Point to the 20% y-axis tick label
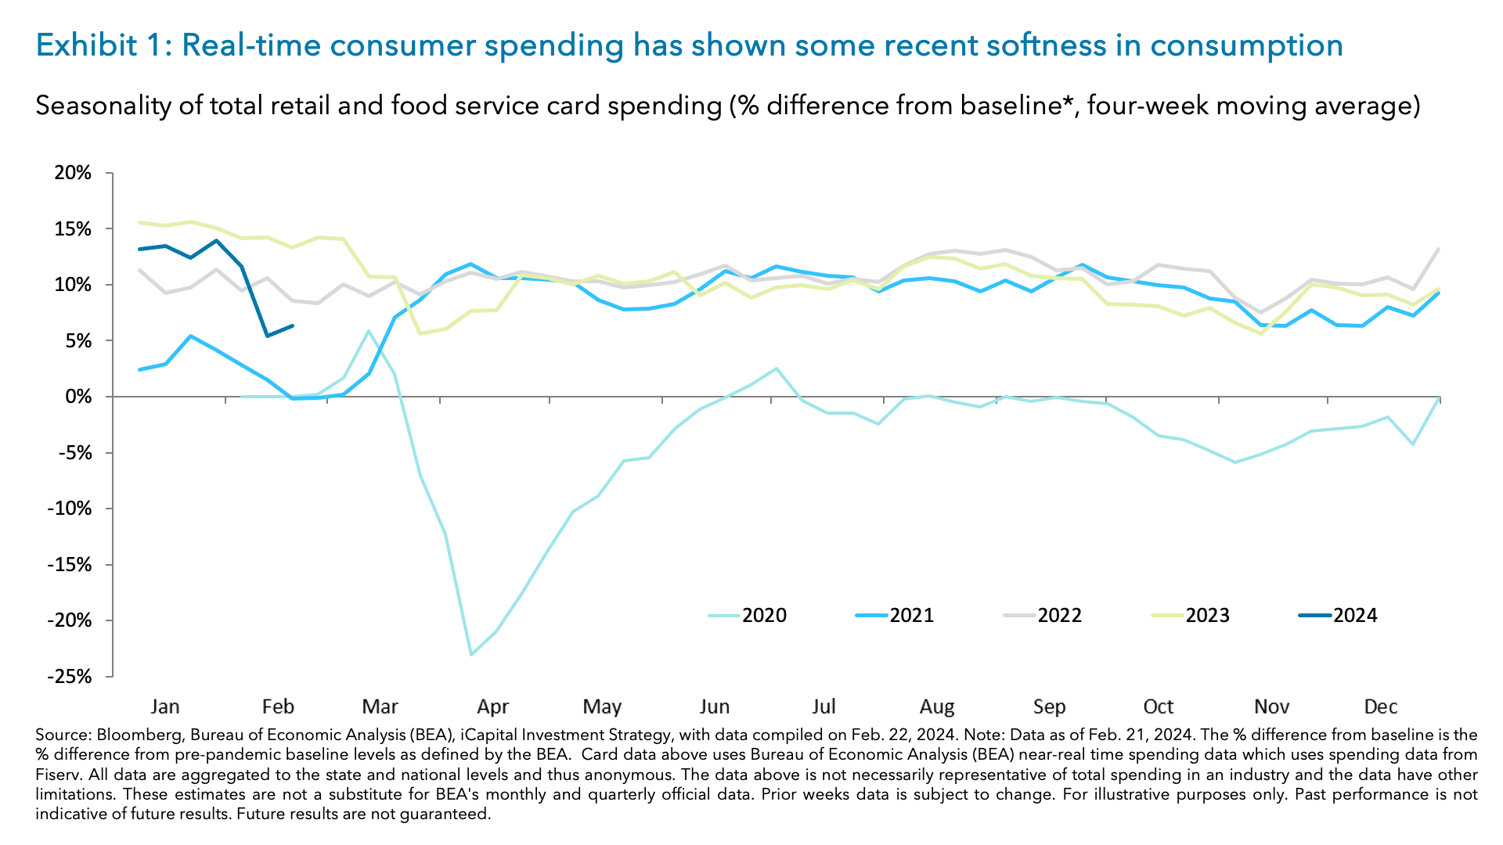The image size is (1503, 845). [x=73, y=173]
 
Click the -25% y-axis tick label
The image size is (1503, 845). [x=70, y=676]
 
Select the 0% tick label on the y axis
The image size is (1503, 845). [x=77, y=397]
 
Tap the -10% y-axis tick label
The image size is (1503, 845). [x=70, y=509]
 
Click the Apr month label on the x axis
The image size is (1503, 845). [x=492, y=707]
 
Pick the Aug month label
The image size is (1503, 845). [x=936, y=707]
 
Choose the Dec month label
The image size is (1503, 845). [x=1380, y=707]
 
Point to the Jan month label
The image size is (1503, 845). [x=165, y=707]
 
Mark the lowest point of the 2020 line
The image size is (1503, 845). [x=470, y=654]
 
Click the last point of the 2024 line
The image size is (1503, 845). [x=293, y=325]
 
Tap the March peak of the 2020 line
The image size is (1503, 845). [x=369, y=331]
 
